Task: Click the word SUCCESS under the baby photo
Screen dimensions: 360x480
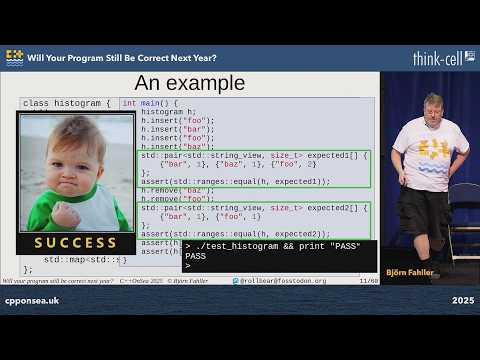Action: tap(75, 243)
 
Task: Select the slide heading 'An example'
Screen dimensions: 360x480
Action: tap(189, 82)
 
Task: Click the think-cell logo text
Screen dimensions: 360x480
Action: tap(443, 58)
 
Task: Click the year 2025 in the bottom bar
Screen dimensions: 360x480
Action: tap(462, 300)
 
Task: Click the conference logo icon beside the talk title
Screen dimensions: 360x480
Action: tap(14, 58)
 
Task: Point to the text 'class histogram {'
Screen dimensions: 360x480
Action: tap(67, 103)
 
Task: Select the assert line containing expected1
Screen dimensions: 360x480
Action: tap(236, 181)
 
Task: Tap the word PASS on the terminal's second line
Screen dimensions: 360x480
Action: tap(196, 256)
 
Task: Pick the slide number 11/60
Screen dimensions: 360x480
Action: tap(368, 281)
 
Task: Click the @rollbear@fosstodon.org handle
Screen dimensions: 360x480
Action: tap(284, 281)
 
